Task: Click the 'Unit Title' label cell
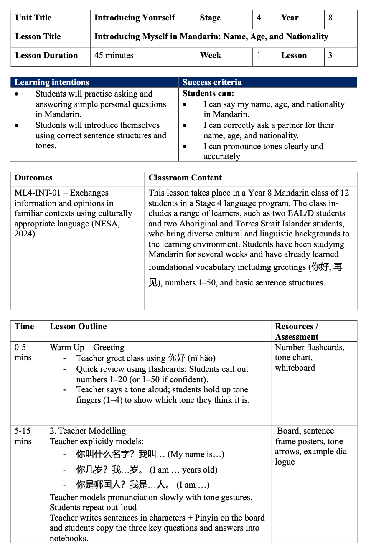pyautogui.click(x=33, y=18)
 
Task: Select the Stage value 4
pyautogui.click(x=259, y=18)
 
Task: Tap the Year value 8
pyautogui.click(x=330, y=18)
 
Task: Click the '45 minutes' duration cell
pyautogui.click(x=114, y=56)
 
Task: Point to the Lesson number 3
pyautogui.click(x=330, y=56)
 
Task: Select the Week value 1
pyautogui.click(x=259, y=56)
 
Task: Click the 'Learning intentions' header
pyautogui.click(x=52, y=82)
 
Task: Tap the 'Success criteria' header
pyautogui.click(x=212, y=82)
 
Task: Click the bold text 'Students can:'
pyautogui.click(x=208, y=93)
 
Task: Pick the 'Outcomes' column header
pyautogui.click(x=33, y=178)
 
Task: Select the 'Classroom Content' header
pyautogui.click(x=185, y=178)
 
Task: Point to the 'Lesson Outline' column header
pyautogui.click(x=78, y=327)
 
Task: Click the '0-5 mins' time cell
pyautogui.click(x=23, y=352)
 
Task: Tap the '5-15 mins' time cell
pyautogui.click(x=23, y=436)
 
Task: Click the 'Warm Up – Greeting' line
pyautogui.click(x=87, y=348)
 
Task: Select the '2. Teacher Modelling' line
pyautogui.click(x=88, y=431)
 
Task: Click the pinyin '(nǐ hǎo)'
pyautogui.click(x=201, y=358)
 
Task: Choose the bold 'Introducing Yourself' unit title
pyautogui.click(x=135, y=18)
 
